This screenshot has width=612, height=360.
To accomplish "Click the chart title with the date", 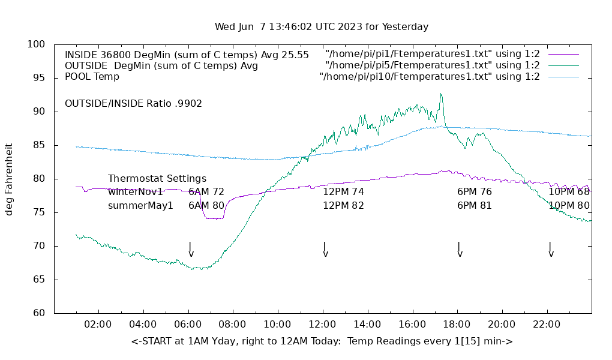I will (322, 27).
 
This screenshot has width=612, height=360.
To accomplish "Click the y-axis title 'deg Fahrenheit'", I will (9, 179).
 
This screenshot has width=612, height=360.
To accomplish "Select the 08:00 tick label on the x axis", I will (232, 325).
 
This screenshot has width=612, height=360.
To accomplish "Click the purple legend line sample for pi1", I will (563, 55).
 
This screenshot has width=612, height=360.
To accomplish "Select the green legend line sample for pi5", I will (563, 65).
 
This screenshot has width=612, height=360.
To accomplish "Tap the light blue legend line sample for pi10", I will (563, 77).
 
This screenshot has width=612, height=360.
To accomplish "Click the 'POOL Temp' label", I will (92, 77).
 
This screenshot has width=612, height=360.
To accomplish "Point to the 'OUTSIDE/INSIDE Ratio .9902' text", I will (133, 103).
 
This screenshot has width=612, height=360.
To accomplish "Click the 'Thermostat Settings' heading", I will (157, 179).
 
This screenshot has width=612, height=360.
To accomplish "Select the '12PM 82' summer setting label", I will (343, 206).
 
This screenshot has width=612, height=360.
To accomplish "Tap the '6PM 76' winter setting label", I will (474, 192).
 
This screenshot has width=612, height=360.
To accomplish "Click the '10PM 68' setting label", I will (569, 192).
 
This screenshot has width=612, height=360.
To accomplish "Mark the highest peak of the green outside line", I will (440, 94).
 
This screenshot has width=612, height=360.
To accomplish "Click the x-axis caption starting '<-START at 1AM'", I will (322, 341).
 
